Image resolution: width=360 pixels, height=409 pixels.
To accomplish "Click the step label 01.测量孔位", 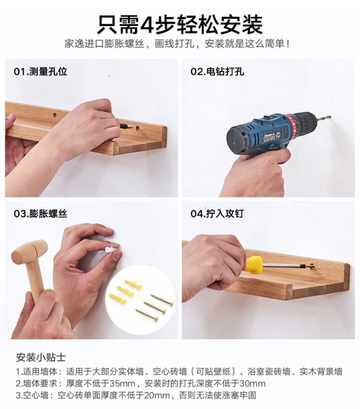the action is tap(40, 71).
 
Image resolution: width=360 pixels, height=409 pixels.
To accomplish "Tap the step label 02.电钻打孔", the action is tap(217, 71).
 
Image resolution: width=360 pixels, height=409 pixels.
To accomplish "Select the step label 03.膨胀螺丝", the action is tap(40, 214).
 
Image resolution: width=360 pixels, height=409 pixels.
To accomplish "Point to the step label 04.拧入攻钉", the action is tap(217, 214).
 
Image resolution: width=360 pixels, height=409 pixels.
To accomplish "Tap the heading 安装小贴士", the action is tap(41, 357).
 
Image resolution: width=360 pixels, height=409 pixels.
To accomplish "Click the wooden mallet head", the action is tap(30, 251).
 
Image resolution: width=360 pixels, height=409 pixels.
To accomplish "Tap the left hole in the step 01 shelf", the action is tap(55, 115).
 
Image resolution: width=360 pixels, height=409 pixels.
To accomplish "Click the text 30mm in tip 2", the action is tap(252, 384).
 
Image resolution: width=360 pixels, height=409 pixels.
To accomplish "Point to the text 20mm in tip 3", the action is tap(157, 396).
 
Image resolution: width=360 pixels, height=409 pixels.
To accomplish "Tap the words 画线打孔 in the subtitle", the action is tap(174, 44).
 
